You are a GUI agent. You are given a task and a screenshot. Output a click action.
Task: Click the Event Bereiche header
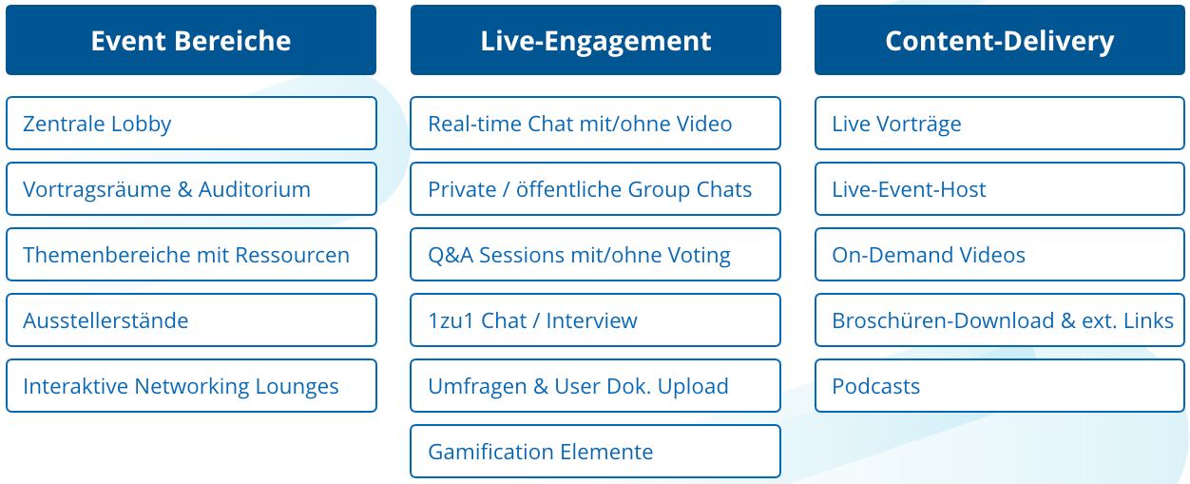click(191, 40)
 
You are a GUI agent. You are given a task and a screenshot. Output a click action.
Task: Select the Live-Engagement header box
click(596, 40)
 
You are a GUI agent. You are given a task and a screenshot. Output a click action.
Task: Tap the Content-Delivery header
click(1000, 40)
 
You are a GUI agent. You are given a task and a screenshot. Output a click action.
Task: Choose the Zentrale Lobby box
click(191, 124)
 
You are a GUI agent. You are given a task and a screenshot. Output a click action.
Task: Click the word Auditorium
click(255, 189)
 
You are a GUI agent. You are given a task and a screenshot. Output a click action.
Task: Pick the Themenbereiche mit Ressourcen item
click(191, 255)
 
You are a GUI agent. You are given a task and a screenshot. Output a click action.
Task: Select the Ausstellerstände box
click(191, 320)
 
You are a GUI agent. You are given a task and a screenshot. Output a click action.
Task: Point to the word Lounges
click(297, 387)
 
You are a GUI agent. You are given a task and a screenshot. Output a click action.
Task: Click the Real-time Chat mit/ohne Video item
click(596, 124)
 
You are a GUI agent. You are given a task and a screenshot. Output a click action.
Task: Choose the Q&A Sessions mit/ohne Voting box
click(596, 255)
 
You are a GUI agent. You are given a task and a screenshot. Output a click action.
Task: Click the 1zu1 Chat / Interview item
click(596, 320)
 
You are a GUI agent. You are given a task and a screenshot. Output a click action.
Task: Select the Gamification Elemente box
click(596, 452)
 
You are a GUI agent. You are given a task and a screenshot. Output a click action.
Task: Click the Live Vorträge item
click(1000, 124)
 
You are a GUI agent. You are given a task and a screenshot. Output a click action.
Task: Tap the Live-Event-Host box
click(1000, 189)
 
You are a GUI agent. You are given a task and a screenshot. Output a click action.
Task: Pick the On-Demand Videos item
click(1000, 255)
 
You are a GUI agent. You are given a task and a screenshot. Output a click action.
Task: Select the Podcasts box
click(1000, 386)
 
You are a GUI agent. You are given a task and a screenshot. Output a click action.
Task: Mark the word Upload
click(693, 387)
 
